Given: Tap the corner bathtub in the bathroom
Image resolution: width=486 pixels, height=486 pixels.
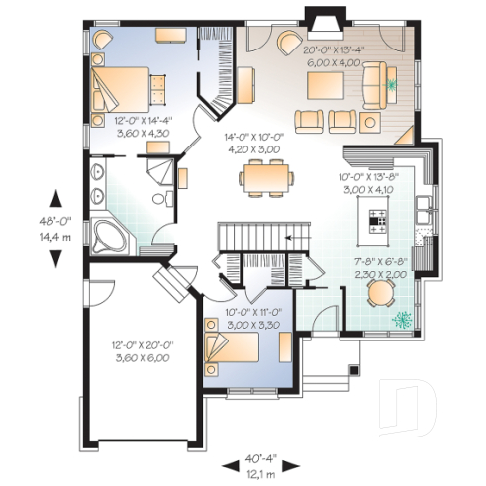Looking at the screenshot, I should pyautogui.click(x=107, y=238).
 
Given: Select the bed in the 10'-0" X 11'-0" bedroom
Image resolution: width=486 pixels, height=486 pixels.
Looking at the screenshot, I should pyautogui.click(x=234, y=349).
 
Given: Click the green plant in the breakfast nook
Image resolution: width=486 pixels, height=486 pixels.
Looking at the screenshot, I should pyautogui.click(x=403, y=320).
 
